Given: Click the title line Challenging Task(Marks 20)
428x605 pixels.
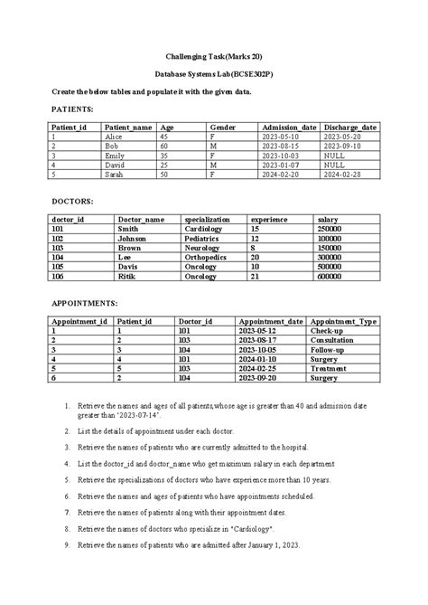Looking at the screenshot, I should pos(213,55).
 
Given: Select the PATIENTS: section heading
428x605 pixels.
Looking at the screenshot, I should pos(72,108).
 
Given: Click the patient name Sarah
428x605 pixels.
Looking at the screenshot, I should pos(114,174).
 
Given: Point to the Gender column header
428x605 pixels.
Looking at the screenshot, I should pos(222,128).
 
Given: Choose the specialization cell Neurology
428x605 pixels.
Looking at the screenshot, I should pos(203,248).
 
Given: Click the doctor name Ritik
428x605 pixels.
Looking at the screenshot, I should pos(126,277).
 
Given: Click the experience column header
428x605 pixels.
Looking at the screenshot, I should pos(269,220).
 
